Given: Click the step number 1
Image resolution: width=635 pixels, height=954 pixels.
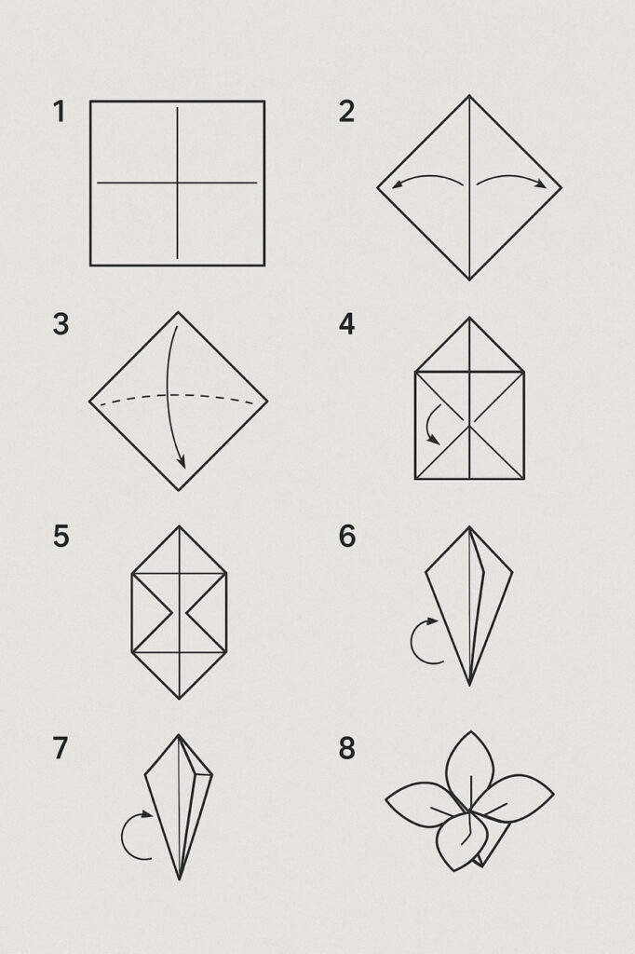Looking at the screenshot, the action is (59, 112).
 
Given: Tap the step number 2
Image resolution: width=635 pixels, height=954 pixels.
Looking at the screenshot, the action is (346, 112).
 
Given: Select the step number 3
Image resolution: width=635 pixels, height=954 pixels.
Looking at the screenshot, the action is (61, 324).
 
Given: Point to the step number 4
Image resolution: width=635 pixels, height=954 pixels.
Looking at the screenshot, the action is (346, 324).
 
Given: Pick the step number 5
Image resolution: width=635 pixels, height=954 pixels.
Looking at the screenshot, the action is (61, 537).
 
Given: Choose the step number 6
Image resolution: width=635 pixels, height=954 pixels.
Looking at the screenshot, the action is (346, 537).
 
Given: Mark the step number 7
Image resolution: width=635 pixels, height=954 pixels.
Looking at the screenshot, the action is (61, 748).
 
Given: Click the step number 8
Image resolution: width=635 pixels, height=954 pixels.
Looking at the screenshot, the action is (346, 748).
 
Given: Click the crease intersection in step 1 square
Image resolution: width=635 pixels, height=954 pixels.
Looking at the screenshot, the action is (178, 183).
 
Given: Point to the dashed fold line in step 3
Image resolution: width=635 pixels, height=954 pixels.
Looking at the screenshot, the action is (178, 395).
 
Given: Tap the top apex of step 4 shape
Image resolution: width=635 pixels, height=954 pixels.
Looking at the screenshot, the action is (469, 318).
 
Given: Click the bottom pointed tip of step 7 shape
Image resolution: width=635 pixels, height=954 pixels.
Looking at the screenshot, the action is (180, 879).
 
